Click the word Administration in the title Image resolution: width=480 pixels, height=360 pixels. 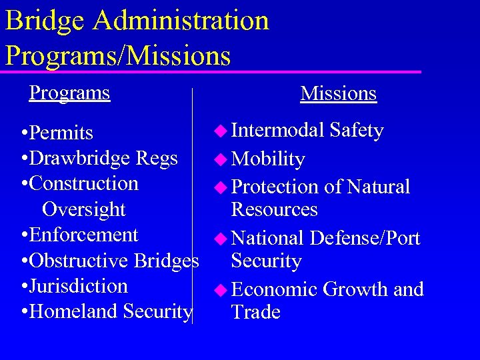tap(181, 21)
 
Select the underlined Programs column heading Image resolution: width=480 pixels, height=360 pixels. tap(69, 93)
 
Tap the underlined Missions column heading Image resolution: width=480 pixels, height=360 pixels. tap(339, 94)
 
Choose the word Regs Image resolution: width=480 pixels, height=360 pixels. tap(157, 159)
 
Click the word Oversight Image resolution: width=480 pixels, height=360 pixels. tap(83, 209)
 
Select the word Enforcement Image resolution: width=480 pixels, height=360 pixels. tap(84, 235)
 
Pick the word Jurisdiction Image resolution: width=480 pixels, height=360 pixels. tap(79, 286)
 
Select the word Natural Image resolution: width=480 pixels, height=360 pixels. tap(378, 187)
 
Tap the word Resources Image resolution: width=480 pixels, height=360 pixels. tap(274, 209)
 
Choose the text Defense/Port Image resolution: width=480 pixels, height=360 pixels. tap(365, 238)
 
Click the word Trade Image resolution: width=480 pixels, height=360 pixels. tap(255, 312)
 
